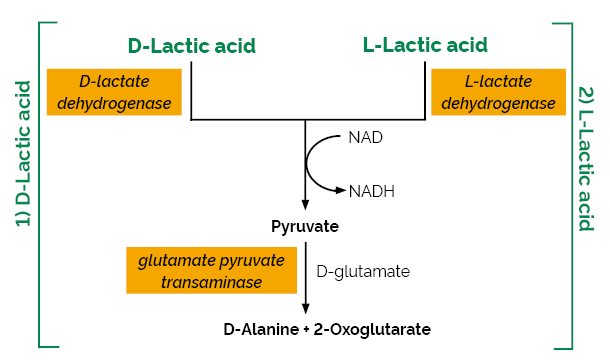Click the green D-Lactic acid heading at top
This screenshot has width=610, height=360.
tap(192, 45)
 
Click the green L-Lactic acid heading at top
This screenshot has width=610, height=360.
tap(425, 45)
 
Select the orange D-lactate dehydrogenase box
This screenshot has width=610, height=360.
tap(113, 92)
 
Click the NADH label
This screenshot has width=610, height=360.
tap(371, 190)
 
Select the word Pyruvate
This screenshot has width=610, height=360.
tap(305, 226)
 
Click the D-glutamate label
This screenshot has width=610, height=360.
tap(363, 270)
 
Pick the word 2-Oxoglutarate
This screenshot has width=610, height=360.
tap(372, 328)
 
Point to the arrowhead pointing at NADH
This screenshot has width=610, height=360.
tap(342, 188)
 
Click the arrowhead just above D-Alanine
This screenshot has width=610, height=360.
tap(305, 309)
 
